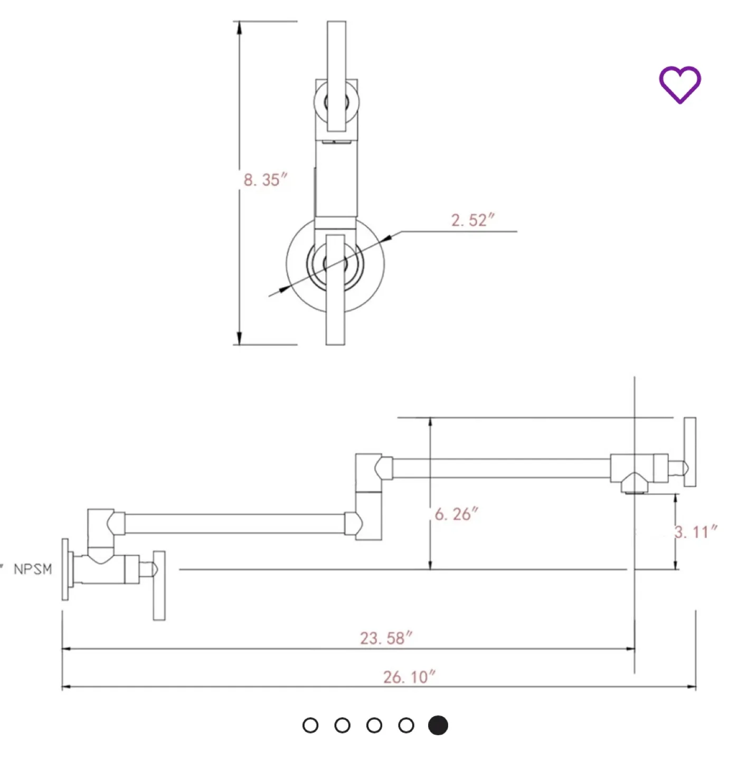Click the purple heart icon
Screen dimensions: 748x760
click(x=680, y=84)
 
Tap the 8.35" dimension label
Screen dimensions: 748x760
click(x=266, y=180)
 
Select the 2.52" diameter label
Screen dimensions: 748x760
click(x=472, y=220)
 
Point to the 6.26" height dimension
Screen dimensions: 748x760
click(x=457, y=514)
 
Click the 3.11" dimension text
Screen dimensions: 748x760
click(x=696, y=532)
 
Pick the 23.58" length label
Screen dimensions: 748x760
click(x=386, y=638)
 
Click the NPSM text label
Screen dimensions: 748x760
click(x=33, y=569)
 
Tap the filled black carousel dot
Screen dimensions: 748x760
click(x=438, y=725)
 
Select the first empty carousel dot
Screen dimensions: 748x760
click(x=310, y=725)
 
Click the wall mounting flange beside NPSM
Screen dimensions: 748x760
click(x=65, y=569)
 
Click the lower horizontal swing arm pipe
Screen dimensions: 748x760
click(x=235, y=524)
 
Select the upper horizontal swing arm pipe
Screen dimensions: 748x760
click(x=501, y=469)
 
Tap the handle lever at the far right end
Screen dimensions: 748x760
click(x=690, y=452)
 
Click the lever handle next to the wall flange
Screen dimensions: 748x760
click(x=159, y=585)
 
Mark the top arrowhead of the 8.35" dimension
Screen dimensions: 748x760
click(x=239, y=27)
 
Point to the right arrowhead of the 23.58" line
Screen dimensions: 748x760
click(x=630, y=648)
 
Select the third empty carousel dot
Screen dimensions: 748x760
click(x=374, y=725)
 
